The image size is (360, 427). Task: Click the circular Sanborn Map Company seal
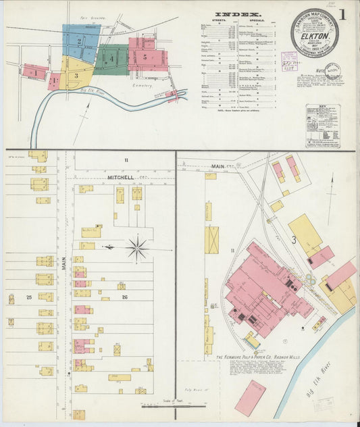[315, 33]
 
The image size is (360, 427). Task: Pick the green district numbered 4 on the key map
[111, 59]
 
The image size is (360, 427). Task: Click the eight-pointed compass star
[138, 249]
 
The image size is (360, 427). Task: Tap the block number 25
[28, 297]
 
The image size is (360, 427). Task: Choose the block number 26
[104, 297]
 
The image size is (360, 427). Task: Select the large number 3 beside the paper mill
[294, 240]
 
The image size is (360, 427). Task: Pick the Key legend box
[322, 126]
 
